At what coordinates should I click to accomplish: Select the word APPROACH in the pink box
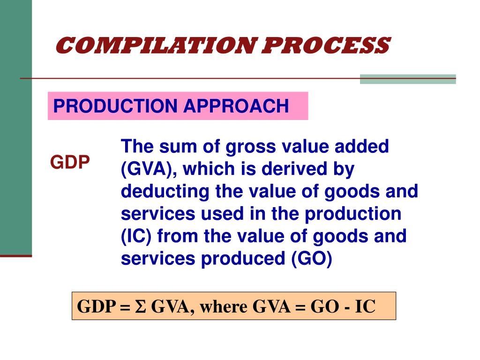[236, 106]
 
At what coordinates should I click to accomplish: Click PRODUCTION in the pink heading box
[116, 106]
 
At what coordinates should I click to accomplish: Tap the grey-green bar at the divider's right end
[407, 79]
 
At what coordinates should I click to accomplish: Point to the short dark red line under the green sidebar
[16, 256]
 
